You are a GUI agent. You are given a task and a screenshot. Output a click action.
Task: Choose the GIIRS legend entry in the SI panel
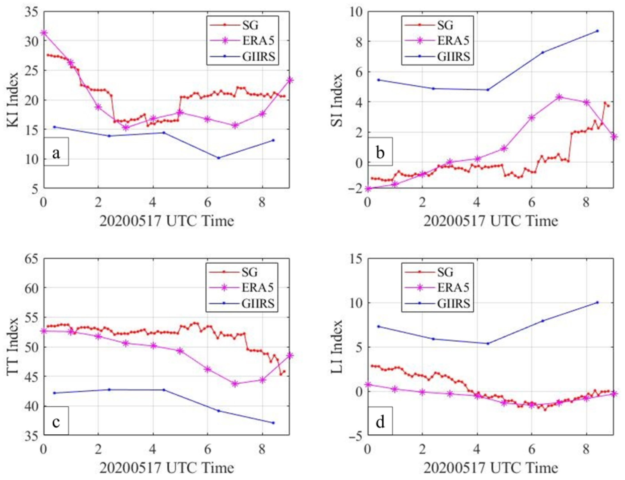(437, 56)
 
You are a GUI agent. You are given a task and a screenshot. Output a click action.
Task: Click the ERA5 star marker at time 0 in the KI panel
(44, 33)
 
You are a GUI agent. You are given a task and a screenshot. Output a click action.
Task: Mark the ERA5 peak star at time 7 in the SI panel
(559, 97)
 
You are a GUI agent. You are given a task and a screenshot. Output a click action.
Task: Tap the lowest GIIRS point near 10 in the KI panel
(218, 158)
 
